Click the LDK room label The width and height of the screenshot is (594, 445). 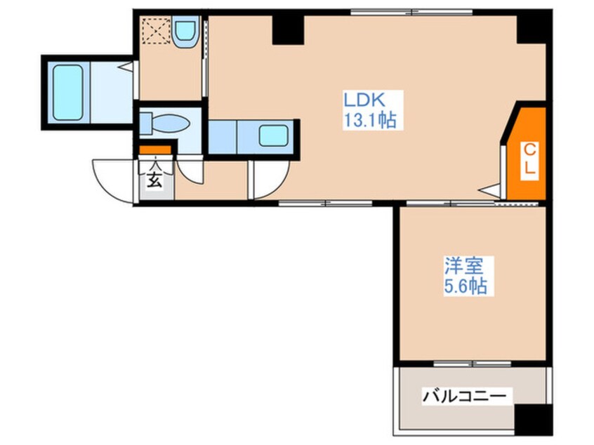tap(364, 98)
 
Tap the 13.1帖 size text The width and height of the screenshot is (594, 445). tap(369, 120)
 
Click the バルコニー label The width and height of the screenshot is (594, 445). tap(463, 397)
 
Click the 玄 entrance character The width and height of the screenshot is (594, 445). tap(154, 180)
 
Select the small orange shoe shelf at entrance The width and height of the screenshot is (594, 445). tap(154, 150)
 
